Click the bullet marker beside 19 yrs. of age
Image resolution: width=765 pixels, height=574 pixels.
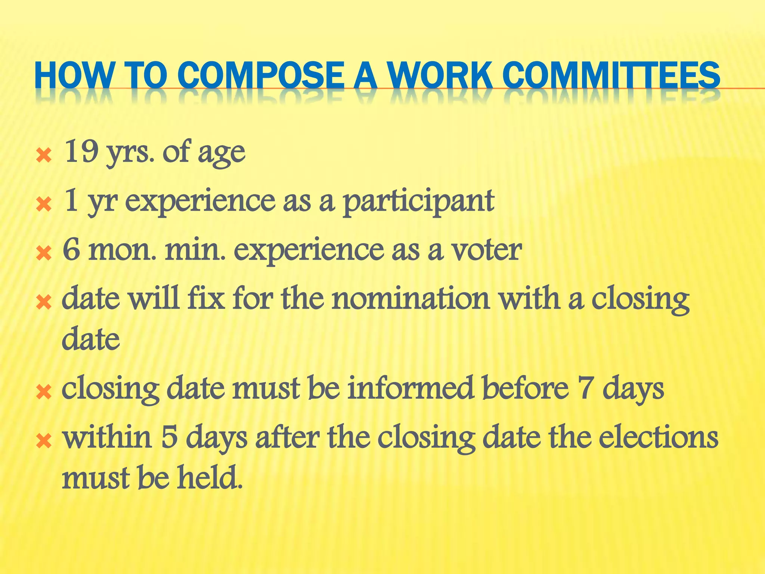point(44,155)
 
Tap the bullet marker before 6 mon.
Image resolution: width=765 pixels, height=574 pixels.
point(44,254)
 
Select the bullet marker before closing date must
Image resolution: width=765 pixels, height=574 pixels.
point(44,392)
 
